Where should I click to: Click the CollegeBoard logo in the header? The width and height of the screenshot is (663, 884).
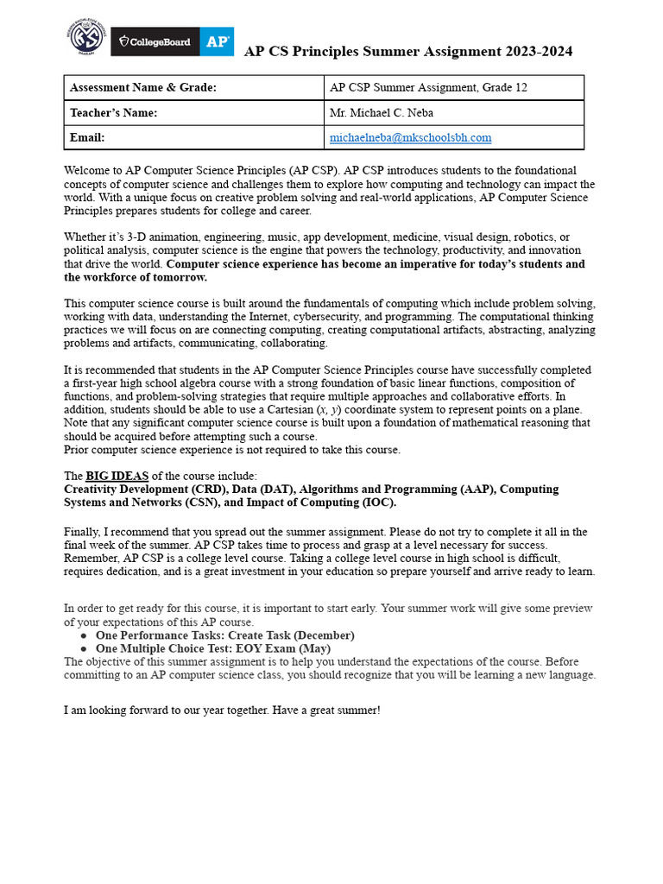click(x=155, y=41)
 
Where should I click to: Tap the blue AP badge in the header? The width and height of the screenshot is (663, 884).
click(x=216, y=41)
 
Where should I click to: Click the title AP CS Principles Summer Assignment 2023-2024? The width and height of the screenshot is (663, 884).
click(x=407, y=52)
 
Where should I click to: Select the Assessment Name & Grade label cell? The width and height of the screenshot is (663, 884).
click(x=142, y=88)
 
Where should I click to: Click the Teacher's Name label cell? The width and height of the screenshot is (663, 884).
click(x=113, y=113)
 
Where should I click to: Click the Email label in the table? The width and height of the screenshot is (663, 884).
click(x=87, y=137)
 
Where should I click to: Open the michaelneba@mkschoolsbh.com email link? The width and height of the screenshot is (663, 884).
click(x=410, y=137)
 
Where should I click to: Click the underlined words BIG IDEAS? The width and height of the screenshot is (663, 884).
click(x=117, y=476)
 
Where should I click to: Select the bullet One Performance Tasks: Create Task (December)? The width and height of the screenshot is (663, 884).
click(x=224, y=635)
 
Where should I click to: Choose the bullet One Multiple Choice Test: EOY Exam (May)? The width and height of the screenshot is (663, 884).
click(x=212, y=648)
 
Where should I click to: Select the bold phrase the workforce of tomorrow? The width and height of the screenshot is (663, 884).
click(x=136, y=277)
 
